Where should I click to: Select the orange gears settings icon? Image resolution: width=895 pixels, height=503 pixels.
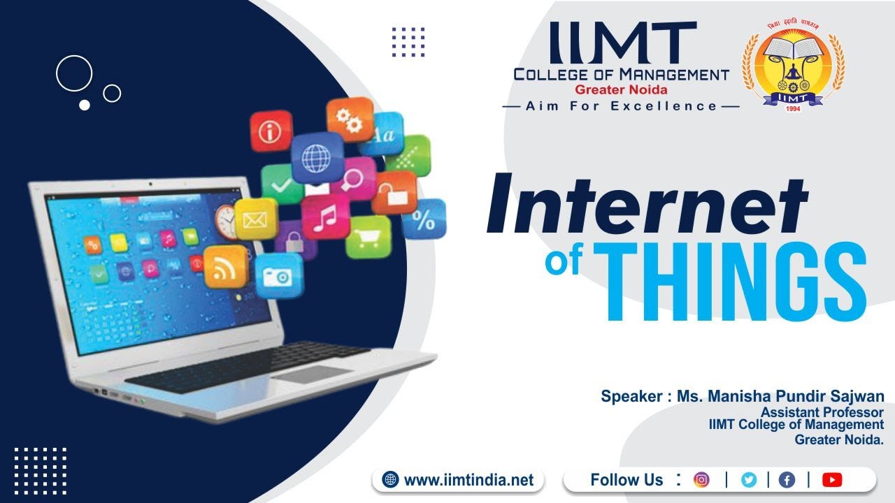pyautogui.click(x=350, y=119)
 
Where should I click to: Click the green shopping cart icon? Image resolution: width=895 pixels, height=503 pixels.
pyautogui.click(x=368, y=237)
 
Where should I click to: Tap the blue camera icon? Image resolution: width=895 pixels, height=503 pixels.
pyautogui.click(x=279, y=275)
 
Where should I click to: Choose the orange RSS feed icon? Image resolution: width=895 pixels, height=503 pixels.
pyautogui.click(x=225, y=265)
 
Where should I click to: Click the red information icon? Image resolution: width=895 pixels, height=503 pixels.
pyautogui.click(x=271, y=131)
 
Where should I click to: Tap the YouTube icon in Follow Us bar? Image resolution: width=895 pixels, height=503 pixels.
pyautogui.click(x=832, y=480)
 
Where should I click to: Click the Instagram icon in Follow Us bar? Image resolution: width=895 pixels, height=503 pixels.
pyautogui.click(x=701, y=480)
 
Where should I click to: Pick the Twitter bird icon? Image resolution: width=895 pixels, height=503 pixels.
pyautogui.click(x=749, y=480)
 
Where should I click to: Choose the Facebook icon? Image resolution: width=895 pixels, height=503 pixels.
pyautogui.click(x=787, y=480)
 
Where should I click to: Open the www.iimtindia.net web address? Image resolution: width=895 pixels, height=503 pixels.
pyautogui.click(x=468, y=481)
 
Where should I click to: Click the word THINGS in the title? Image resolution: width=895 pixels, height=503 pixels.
pyautogui.click(x=734, y=283)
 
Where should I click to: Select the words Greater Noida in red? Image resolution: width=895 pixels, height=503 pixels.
pyautogui.click(x=621, y=89)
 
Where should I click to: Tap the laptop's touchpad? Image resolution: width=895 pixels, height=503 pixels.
pyautogui.click(x=311, y=375)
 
